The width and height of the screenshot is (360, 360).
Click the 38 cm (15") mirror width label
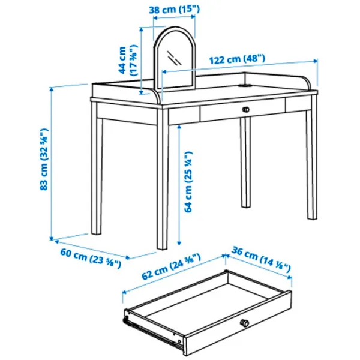[174, 10]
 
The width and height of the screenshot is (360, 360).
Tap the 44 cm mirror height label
[128, 60]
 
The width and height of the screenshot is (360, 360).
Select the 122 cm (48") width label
[237, 59]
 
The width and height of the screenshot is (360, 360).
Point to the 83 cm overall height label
[44, 160]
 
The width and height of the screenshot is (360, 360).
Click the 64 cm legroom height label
[188, 182]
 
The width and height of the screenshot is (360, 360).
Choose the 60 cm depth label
[91, 258]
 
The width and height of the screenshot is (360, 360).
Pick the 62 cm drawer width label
[171, 266]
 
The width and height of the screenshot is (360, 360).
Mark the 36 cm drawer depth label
[261, 260]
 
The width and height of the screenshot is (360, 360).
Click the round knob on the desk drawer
[245, 110]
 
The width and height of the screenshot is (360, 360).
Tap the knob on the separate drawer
[244, 323]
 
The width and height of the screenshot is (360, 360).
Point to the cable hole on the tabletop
[245, 86]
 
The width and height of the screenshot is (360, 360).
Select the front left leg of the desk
[163, 179]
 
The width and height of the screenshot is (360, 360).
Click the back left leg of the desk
[97, 169]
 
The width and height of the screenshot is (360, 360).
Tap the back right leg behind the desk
[245, 163]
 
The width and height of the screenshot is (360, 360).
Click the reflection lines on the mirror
[174, 58]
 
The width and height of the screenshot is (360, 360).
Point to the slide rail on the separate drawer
[151, 332]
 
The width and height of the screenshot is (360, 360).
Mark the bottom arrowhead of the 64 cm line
[179, 243]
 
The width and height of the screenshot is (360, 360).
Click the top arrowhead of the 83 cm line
[52, 89]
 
